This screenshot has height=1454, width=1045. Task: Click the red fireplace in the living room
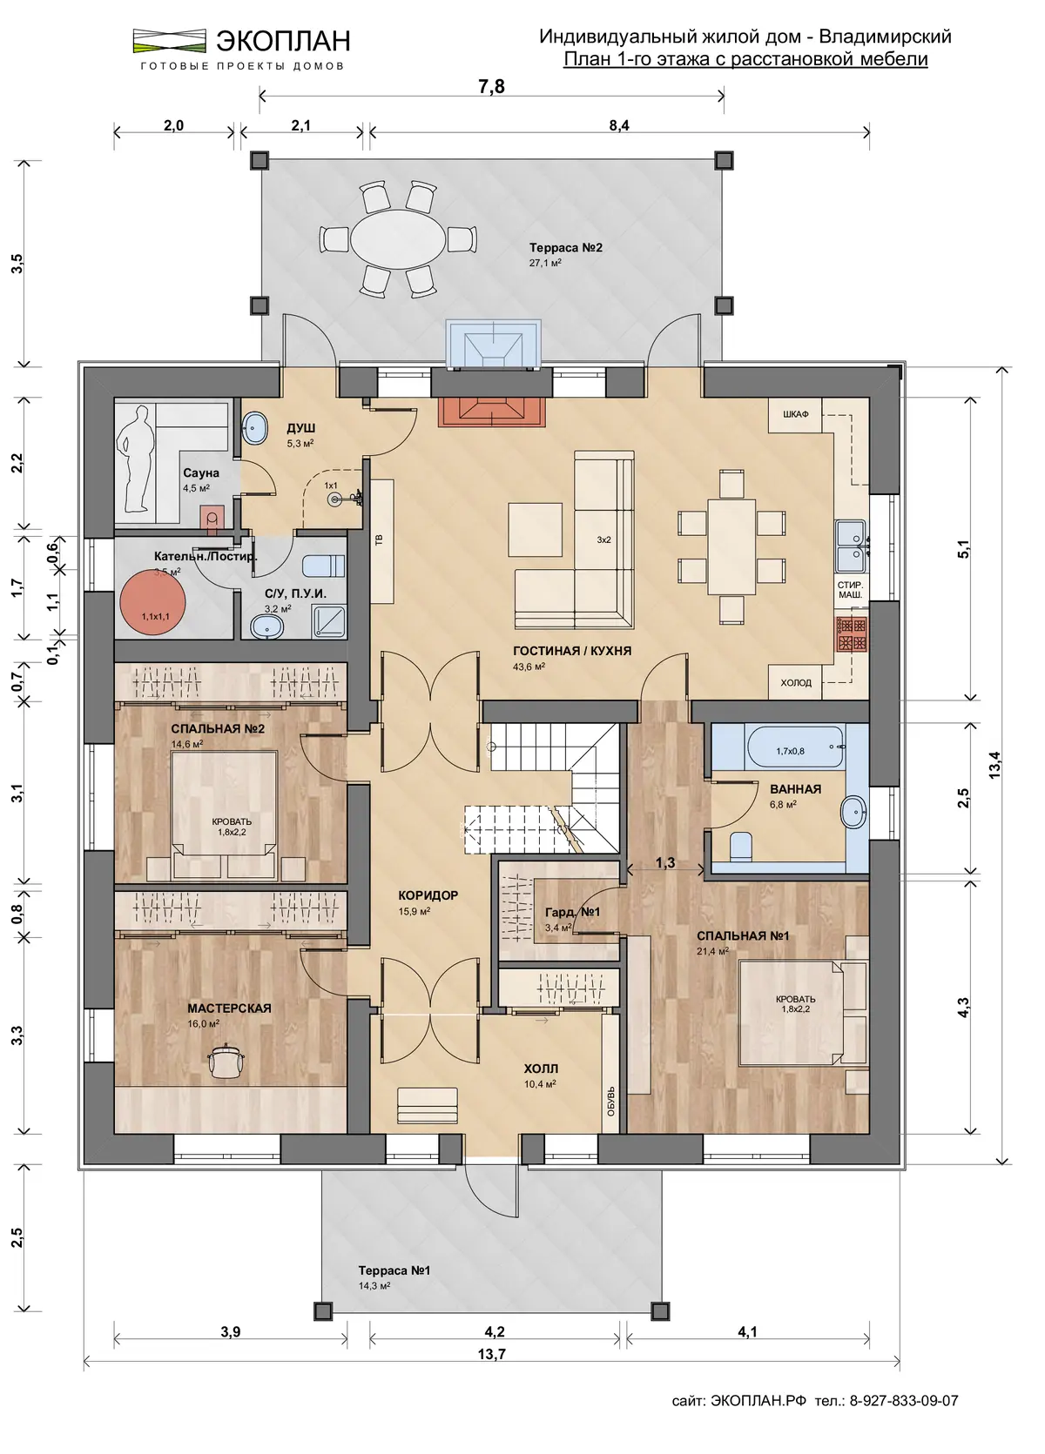point(491,412)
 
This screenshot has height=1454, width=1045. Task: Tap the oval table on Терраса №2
point(398,239)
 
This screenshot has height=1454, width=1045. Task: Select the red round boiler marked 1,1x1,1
point(152,602)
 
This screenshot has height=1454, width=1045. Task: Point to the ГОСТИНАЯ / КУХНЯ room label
point(571,650)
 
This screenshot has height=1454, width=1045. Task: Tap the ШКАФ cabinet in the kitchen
point(795,414)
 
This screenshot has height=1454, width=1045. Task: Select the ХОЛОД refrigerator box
point(796,682)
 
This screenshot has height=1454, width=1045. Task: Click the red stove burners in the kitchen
point(852,633)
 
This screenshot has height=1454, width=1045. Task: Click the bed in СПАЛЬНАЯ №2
point(225,815)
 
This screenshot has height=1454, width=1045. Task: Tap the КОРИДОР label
point(428,895)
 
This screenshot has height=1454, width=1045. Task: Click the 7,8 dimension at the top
point(492,86)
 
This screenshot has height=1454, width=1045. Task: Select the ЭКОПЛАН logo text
point(283,40)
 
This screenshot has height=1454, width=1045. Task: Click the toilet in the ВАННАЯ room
point(739,847)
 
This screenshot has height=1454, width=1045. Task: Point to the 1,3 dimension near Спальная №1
point(665,862)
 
